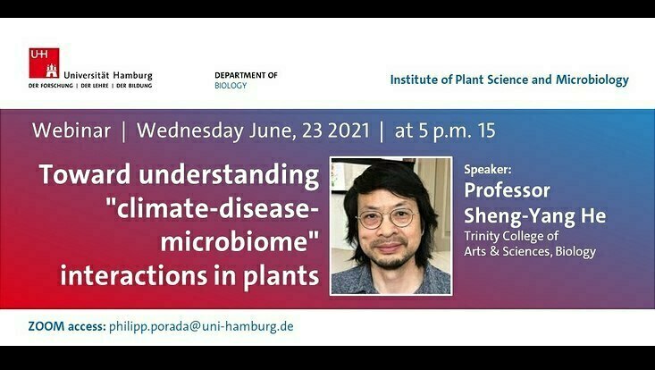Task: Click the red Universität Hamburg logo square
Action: (x=44, y=63)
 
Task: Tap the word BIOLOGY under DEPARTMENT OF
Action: (x=231, y=86)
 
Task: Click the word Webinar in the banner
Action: (x=71, y=130)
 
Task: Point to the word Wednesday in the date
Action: (x=190, y=131)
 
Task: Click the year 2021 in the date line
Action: (x=348, y=130)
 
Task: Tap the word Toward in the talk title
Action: (x=84, y=174)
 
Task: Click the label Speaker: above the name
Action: (x=488, y=170)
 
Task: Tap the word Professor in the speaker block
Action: (x=508, y=190)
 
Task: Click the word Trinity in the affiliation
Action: (x=482, y=236)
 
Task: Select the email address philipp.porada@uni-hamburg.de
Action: (x=201, y=326)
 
